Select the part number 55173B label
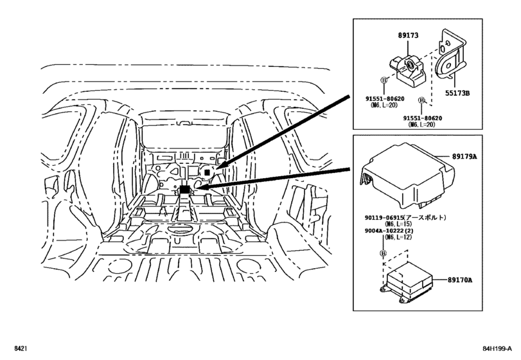pyautogui.click(x=459, y=93)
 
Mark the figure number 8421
pyautogui.click(x=19, y=348)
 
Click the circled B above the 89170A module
pyautogui.click(x=384, y=253)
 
